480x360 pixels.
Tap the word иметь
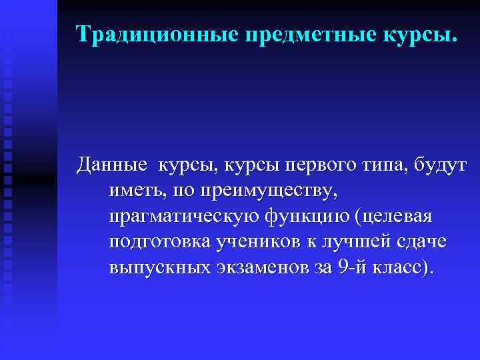click(x=136, y=191)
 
